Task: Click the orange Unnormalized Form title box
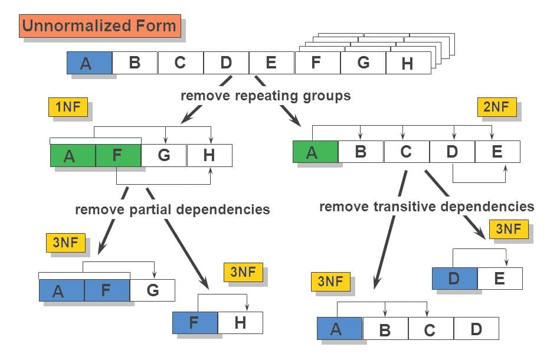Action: point(100,26)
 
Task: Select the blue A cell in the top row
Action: point(89,63)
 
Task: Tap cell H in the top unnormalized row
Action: point(408,63)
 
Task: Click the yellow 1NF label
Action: point(68,107)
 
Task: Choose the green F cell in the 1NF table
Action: point(118,155)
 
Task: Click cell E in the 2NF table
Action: point(497,152)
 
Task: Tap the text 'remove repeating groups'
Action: point(266,96)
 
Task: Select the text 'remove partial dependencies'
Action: point(172,210)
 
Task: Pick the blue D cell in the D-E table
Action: point(454,278)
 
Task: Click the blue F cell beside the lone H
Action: point(195,323)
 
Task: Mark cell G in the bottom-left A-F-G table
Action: point(152,290)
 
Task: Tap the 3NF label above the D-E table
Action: point(508,229)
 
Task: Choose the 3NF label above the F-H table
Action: point(243,272)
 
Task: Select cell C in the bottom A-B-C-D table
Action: point(430,329)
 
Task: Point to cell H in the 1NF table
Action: point(209,155)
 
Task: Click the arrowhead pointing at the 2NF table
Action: point(296,121)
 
